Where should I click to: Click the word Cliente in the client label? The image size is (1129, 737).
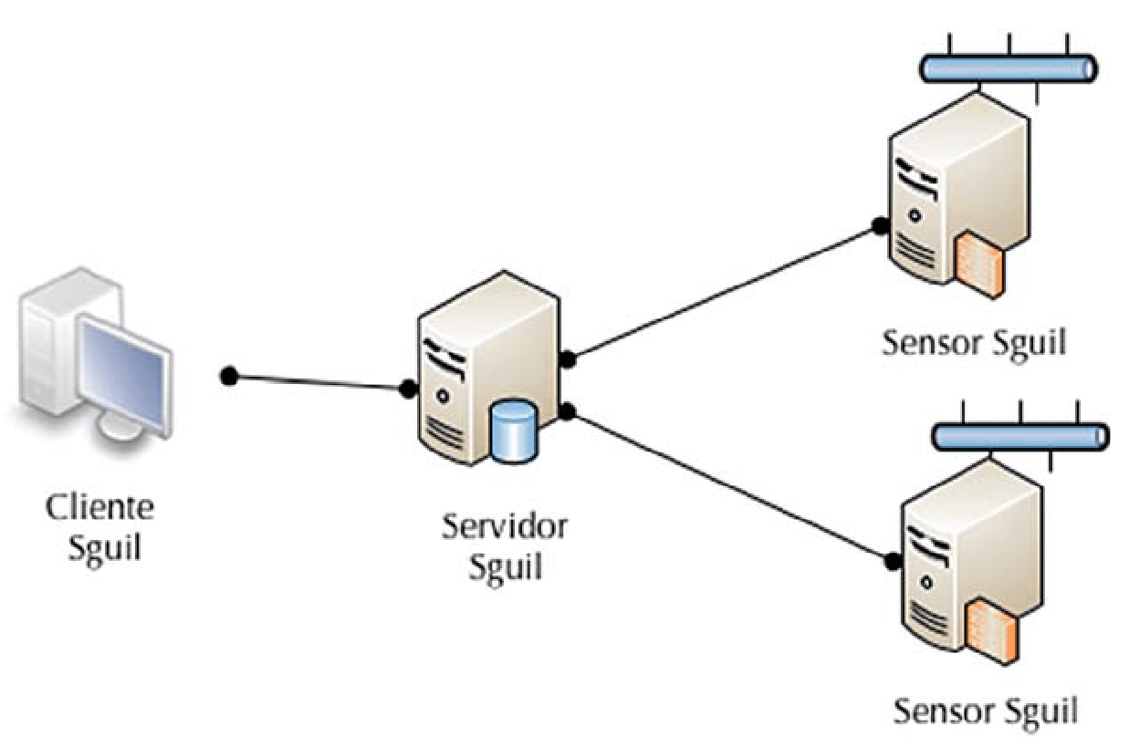point(100,507)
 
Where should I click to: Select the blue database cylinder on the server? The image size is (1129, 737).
point(512,431)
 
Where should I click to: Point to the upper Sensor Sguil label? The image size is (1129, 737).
point(974,344)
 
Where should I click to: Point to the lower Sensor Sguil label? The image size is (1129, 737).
point(985,711)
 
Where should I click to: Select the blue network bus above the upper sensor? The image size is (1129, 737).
point(1008,67)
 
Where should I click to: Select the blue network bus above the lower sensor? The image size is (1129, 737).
point(1019,435)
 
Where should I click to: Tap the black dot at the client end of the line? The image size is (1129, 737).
point(230,376)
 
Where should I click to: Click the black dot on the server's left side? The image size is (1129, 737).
point(408,389)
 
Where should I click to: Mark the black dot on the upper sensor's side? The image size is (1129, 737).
point(880,225)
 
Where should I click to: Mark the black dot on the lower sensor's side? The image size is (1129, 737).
point(891,559)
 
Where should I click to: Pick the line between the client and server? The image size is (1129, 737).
point(319,382)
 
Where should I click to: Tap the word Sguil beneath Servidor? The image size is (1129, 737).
point(505,567)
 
